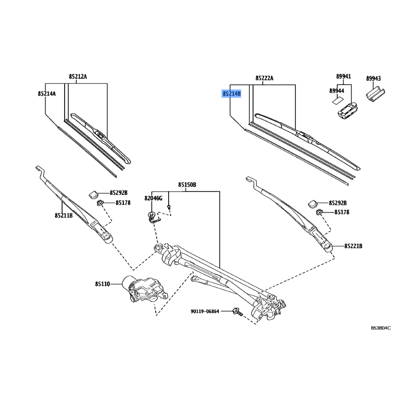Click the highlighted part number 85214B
(231, 94)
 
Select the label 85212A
(78, 77)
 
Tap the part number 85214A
(47, 94)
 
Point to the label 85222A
(264, 78)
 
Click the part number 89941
(343, 76)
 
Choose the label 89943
(374, 79)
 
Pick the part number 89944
(337, 91)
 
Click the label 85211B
(64, 215)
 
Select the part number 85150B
(187, 185)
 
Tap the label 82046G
(153, 198)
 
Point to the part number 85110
(102, 284)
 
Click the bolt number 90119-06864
(205, 311)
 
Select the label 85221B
(353, 246)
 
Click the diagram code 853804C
(381, 328)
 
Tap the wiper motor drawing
(145, 289)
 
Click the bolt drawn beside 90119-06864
(237, 312)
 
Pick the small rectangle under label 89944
(337, 101)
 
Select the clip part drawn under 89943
(376, 95)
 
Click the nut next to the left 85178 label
(100, 202)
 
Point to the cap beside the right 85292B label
(313, 203)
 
